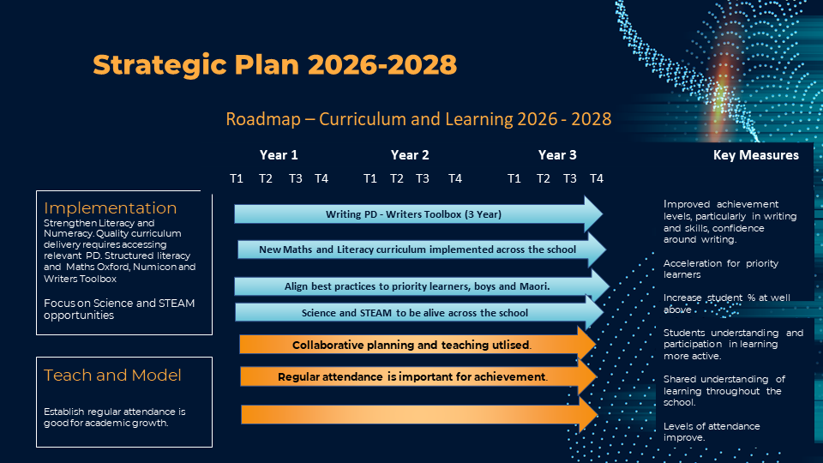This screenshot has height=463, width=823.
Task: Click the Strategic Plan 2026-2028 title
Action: [x=274, y=64]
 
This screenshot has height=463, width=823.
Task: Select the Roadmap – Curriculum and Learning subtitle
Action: [x=418, y=119]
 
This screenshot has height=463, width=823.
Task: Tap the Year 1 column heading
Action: [x=279, y=155]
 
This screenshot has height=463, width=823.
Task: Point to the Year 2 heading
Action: [x=410, y=155]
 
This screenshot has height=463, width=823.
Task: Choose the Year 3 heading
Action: [x=557, y=155]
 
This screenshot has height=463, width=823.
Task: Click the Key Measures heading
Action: [x=756, y=155]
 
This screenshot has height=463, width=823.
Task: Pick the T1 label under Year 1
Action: [x=237, y=178]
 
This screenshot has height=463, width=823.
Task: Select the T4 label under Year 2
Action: [x=455, y=178]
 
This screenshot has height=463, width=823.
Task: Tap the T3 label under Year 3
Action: [x=570, y=178]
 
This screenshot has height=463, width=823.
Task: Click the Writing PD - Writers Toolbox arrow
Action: [x=418, y=214]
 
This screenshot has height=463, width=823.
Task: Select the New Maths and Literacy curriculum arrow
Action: [x=422, y=250]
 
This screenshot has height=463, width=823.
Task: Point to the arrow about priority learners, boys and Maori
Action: [x=422, y=286]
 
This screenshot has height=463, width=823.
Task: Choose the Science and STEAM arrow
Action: [x=419, y=313]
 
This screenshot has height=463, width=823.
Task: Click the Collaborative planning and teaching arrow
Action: [x=418, y=345]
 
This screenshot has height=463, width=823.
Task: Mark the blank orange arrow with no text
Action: [x=419, y=414]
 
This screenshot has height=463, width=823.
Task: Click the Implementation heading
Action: [x=111, y=207]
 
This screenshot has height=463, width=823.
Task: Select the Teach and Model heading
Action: [x=112, y=376]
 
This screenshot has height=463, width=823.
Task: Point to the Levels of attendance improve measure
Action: [x=712, y=431]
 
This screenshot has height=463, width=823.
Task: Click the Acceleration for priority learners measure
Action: [x=721, y=268]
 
